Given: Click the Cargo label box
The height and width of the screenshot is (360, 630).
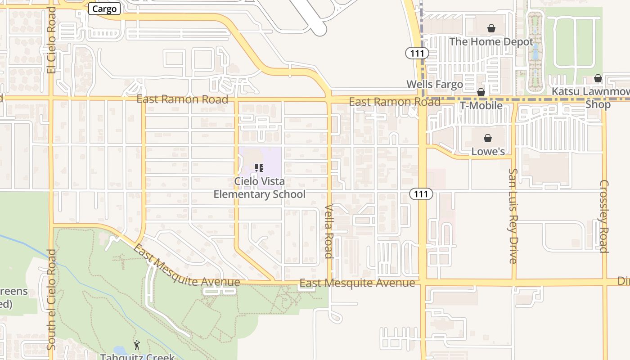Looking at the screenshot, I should tap(104, 9).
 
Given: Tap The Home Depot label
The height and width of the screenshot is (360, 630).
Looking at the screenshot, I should tap(491, 42).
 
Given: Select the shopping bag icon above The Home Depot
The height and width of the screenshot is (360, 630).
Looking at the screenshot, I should tap(491, 29).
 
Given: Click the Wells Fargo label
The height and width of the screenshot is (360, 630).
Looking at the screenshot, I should tap(434, 84).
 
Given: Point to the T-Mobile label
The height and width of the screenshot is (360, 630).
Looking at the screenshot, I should tap(481, 106).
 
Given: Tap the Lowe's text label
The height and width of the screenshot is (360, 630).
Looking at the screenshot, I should tap(488, 152).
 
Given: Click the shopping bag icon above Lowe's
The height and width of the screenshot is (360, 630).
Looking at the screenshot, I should tap(487, 138).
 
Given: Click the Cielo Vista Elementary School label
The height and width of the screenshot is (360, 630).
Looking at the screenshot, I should tap(259, 188).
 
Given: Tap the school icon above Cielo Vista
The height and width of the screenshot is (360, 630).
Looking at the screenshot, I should tap(259, 168).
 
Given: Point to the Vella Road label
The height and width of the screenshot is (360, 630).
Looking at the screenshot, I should tap(328, 231).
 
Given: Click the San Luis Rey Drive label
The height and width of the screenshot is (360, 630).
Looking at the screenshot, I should tap(513, 216).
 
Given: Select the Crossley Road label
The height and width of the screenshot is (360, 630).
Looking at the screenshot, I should tap(604, 216).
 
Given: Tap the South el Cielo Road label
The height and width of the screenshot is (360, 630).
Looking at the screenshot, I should tap(51, 299).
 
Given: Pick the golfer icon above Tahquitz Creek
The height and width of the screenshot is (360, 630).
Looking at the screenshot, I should tap(137, 345).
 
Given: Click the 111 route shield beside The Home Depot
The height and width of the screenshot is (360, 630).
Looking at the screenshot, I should tap(417, 54).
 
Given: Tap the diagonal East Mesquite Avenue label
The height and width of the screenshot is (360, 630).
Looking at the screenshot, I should tap(186, 266).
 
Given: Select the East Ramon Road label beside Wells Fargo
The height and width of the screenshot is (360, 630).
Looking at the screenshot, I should tap(395, 102).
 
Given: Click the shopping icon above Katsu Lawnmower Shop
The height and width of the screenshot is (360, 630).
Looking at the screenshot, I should tap(598, 79).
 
